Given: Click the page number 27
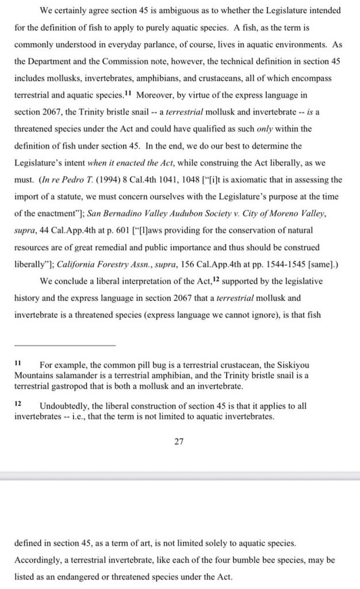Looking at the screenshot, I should pos(180,441).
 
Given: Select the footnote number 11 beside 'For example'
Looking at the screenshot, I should pos(18,364).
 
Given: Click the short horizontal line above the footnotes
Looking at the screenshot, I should pos(64,344).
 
